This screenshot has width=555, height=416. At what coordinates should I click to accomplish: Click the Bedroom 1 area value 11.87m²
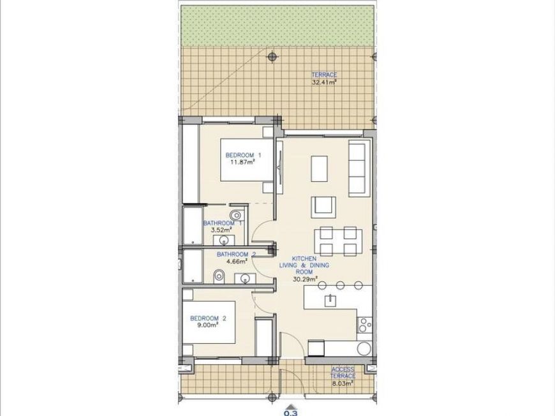tap(242, 162)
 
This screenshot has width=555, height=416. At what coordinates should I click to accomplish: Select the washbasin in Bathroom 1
tap(225, 240)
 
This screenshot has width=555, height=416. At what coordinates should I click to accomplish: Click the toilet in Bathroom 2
tap(219, 275)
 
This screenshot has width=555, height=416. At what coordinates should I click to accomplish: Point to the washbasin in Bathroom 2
tap(244, 278)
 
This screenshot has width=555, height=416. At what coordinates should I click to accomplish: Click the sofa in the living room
tap(357, 168)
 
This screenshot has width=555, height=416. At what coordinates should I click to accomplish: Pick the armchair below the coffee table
tap(323, 207)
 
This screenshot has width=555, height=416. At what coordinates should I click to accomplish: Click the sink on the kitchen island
tap(330, 301)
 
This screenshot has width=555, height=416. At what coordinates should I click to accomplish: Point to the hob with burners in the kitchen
tap(364, 325)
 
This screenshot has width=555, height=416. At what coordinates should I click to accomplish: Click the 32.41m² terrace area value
tap(324, 82)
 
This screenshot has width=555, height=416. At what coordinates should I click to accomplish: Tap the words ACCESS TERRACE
tap(343, 373)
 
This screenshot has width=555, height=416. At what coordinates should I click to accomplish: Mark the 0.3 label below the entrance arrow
tap(291, 412)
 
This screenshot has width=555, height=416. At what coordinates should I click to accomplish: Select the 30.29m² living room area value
tap(305, 278)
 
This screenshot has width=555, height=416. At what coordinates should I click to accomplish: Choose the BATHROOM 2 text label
tap(235, 254)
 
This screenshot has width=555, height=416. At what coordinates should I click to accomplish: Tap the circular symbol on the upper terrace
tap(272, 56)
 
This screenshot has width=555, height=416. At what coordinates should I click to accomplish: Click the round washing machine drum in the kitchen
tap(364, 348)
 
